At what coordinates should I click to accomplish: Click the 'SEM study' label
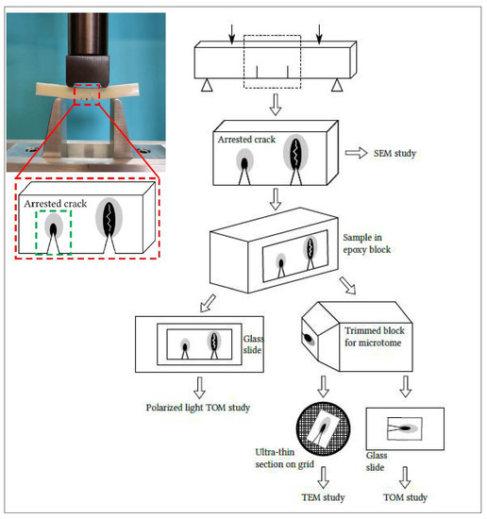(395, 153)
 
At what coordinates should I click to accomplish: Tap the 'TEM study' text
(323, 497)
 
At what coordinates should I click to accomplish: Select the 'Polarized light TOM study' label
(198, 408)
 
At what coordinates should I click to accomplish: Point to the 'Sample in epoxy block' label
(367, 243)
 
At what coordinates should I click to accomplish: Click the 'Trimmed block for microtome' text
(375, 336)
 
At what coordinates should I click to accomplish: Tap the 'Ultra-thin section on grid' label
(284, 458)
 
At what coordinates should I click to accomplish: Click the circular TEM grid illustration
(323, 429)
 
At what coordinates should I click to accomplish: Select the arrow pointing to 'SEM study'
(356, 153)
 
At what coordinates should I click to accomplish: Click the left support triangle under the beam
(207, 85)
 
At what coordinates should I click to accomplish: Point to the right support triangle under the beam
(337, 85)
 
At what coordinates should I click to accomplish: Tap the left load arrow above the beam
(232, 34)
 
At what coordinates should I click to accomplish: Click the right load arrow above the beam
(319, 34)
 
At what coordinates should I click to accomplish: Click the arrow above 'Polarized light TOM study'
(199, 388)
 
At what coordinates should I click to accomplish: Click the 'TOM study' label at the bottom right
(405, 497)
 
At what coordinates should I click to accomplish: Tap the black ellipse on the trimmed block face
(309, 339)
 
